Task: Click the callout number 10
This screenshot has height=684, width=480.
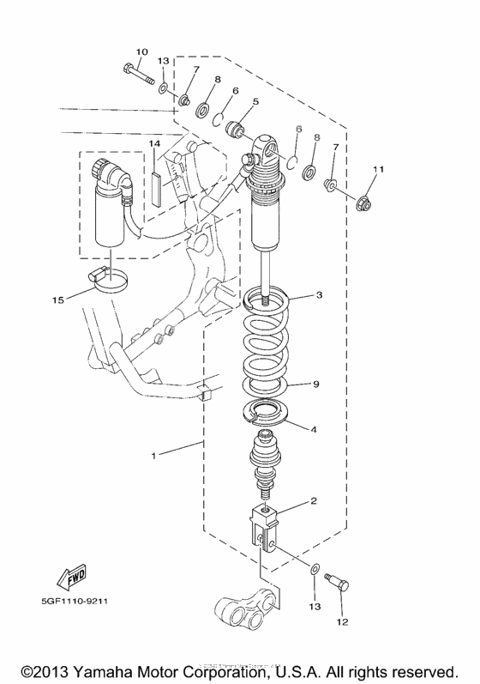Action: (x=141, y=51)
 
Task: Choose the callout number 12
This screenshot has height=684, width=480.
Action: (x=343, y=621)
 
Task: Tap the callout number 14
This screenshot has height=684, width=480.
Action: (x=154, y=142)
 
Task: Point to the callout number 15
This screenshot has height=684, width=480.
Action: (x=58, y=300)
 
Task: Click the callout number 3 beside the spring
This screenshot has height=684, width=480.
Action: (x=319, y=295)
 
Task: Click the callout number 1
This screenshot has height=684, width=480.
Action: (x=154, y=456)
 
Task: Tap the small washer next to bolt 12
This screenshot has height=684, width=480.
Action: (x=315, y=569)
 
